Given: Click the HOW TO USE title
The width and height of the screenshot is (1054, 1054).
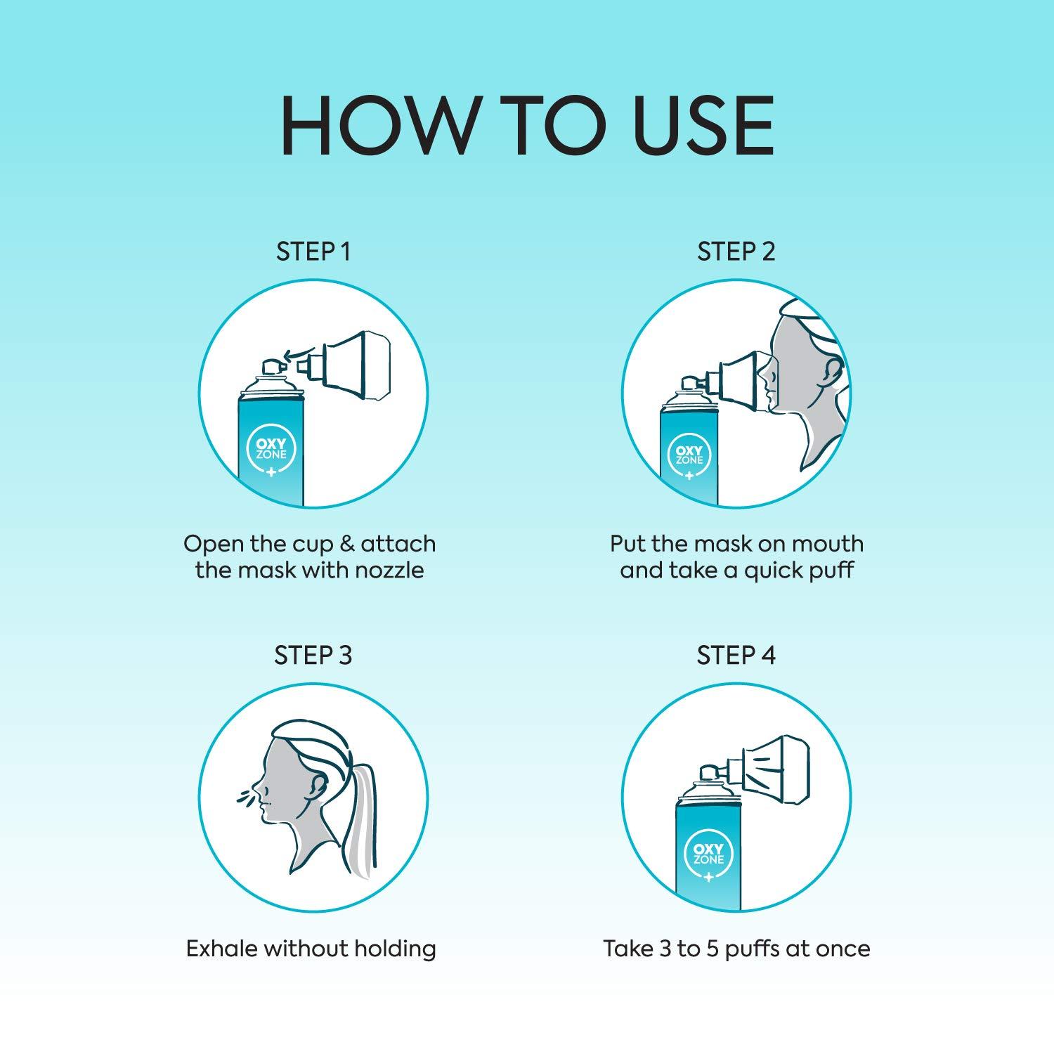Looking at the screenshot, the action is pos(527,127).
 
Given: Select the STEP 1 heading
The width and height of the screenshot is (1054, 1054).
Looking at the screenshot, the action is pos(313,252).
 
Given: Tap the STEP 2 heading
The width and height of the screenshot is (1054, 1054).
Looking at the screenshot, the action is pos(736,252).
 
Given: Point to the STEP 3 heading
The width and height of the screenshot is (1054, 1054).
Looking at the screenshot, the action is pos(313,656).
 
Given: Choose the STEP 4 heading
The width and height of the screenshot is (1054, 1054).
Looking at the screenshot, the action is pos(736,656).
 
